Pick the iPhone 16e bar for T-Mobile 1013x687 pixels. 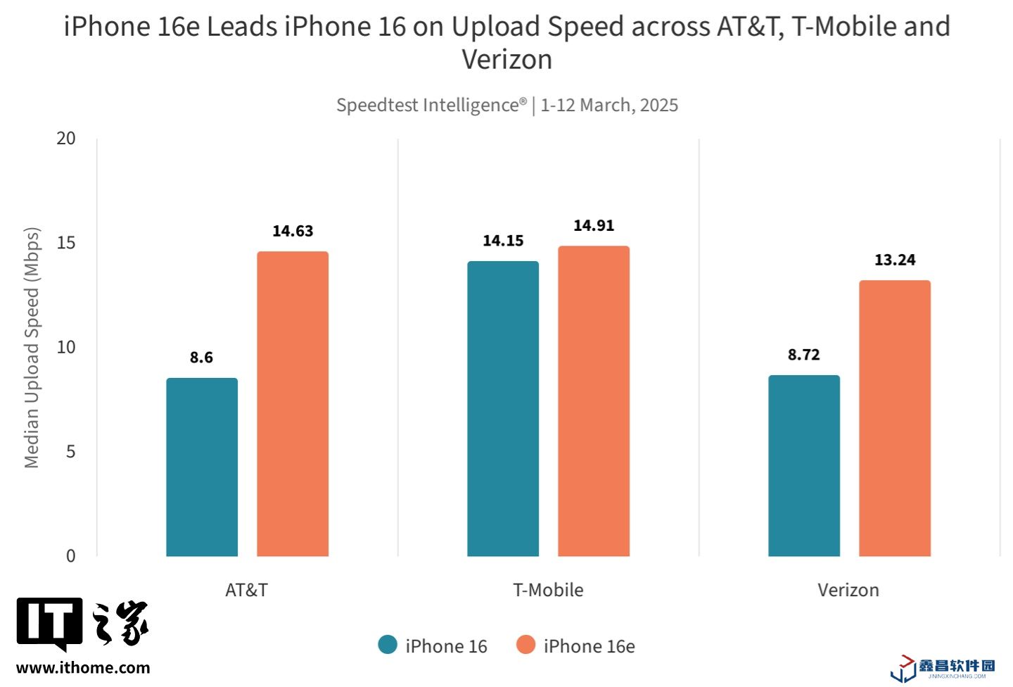(x=594, y=401)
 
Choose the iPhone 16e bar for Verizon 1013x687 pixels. (x=895, y=418)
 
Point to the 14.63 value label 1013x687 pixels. (x=293, y=231)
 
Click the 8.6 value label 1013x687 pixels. (x=201, y=358)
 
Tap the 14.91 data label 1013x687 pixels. (x=594, y=225)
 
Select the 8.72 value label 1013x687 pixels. (x=804, y=355)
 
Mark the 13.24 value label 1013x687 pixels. (x=895, y=260)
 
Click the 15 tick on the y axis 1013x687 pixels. (x=66, y=243)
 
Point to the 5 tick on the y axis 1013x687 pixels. (x=70, y=451)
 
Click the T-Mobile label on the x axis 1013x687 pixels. (x=548, y=590)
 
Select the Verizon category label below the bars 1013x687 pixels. (x=848, y=590)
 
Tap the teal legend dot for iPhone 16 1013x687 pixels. (x=388, y=645)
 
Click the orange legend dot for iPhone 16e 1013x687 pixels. (x=525, y=645)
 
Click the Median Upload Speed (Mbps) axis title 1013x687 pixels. (x=32, y=348)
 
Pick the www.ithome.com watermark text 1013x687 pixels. (x=83, y=668)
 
